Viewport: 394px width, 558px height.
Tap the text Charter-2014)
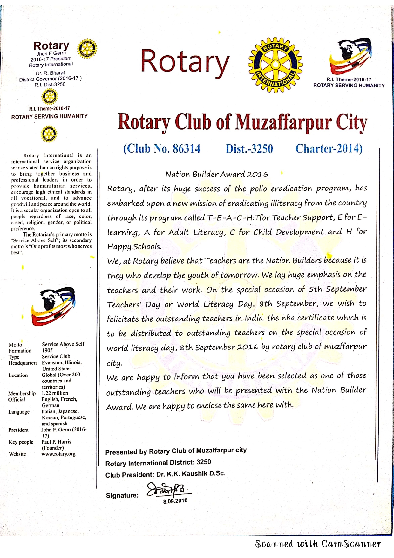point(329,148)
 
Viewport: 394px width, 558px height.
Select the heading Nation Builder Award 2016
point(217,174)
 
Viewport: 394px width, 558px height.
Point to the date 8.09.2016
point(175,501)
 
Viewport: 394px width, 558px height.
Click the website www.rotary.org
point(58,454)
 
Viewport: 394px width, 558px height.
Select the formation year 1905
point(47,350)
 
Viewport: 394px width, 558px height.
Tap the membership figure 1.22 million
point(55,393)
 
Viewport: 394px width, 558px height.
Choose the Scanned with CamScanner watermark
point(318,544)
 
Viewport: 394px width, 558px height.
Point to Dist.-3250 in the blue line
point(249,149)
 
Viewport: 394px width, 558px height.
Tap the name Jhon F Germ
point(51,53)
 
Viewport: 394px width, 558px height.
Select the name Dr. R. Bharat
point(50,73)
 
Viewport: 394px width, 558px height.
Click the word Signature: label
point(122,495)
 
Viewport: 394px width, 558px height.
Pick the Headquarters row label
point(23,363)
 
